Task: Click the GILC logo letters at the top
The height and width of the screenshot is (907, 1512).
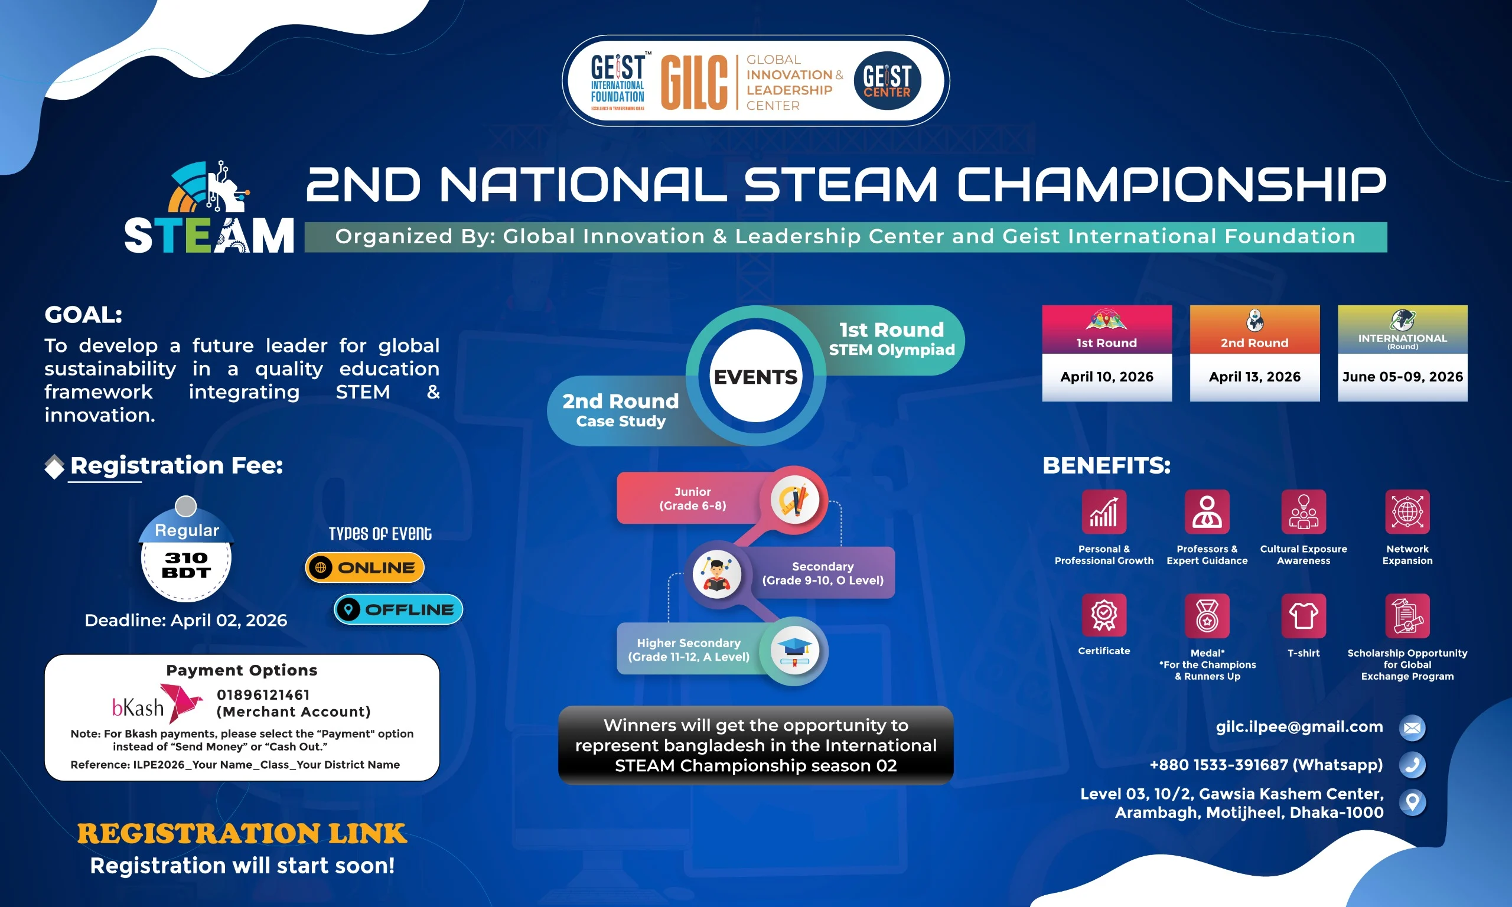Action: click(693, 83)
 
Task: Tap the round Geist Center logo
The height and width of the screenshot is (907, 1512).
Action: click(887, 81)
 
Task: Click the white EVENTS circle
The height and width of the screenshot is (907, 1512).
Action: click(756, 376)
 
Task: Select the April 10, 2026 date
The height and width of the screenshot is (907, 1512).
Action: click(1107, 377)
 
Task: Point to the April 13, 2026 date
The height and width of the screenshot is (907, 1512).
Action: click(1254, 377)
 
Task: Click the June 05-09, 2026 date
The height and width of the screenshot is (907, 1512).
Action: click(1403, 377)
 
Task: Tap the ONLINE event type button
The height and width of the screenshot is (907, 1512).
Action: click(365, 568)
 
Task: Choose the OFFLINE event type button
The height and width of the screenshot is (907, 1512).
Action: click(399, 609)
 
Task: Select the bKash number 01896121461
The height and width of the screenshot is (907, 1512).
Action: click(263, 695)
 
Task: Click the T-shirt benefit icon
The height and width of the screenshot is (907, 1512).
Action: click(1304, 615)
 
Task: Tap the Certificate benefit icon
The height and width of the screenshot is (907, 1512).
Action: click(1104, 615)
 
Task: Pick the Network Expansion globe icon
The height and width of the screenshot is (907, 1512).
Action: click(1407, 511)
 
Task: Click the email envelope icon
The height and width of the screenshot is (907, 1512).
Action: click(1412, 728)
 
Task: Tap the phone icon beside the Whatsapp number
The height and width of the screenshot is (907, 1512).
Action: click(1412, 765)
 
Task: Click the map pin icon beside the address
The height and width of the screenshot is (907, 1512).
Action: click(1412, 802)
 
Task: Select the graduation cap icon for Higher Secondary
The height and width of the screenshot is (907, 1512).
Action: click(794, 651)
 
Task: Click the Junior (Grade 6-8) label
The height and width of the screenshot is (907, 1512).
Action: click(692, 499)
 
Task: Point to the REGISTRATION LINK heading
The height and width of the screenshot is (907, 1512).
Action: click(242, 834)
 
